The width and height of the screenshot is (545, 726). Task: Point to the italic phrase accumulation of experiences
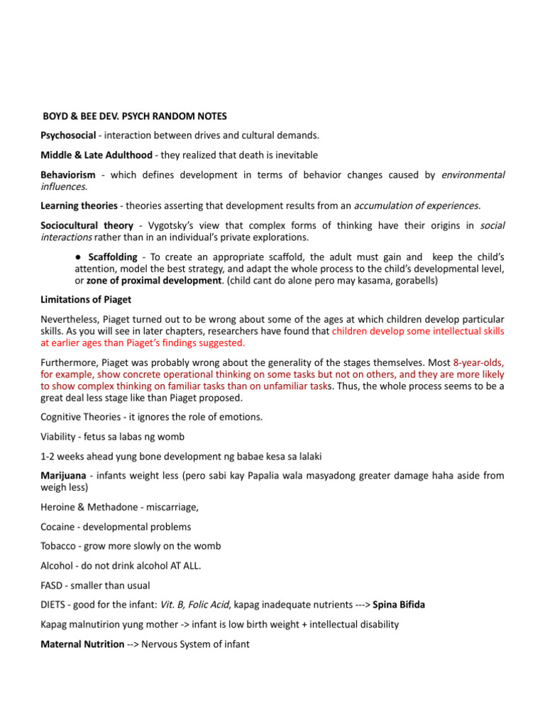point(417,206)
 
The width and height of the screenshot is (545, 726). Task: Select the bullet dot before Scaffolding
point(81,255)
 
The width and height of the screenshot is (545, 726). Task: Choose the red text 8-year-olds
point(478,362)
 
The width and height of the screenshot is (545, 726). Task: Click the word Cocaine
point(60,527)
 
